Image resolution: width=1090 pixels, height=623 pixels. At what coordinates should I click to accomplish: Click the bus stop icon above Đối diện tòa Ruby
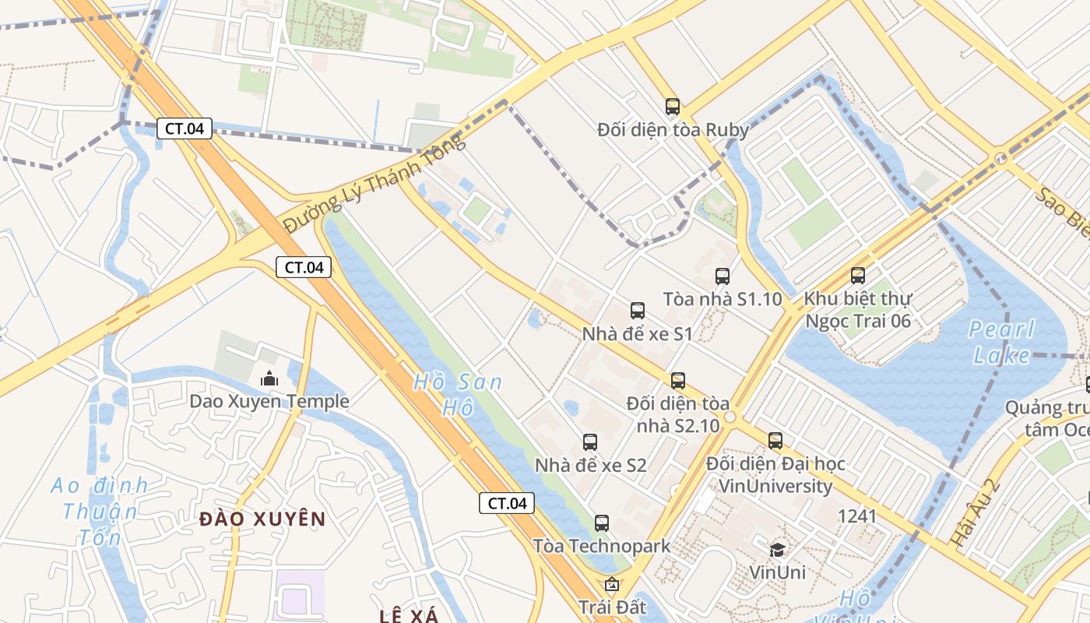[672, 107]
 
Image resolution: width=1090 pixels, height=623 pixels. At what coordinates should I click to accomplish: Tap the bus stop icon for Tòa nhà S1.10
[723, 276]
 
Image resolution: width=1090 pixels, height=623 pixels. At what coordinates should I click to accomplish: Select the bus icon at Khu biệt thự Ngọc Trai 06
[857, 275]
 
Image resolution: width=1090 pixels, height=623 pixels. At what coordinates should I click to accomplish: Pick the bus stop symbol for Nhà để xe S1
[638, 311]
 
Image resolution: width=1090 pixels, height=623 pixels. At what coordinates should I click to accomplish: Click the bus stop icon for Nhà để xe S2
[590, 442]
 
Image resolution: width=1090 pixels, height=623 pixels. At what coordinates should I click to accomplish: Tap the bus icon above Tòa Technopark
[601, 523]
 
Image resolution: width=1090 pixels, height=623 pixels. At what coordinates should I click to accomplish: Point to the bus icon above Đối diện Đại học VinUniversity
[775, 440]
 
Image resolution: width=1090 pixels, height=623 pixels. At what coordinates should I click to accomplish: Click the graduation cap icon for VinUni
[777, 550]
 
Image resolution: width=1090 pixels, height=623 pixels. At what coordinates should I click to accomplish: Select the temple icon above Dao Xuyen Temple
[269, 378]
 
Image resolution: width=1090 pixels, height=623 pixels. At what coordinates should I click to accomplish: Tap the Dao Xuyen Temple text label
[269, 402]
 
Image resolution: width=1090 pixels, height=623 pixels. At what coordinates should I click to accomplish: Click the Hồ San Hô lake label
[458, 394]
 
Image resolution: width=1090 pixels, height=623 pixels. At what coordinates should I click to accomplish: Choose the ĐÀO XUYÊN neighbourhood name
[262, 519]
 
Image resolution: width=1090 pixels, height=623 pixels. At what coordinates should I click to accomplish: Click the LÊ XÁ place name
[409, 616]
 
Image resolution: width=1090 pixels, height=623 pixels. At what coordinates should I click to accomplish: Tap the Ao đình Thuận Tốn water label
[100, 511]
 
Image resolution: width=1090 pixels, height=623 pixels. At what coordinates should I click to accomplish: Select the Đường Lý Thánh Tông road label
[374, 183]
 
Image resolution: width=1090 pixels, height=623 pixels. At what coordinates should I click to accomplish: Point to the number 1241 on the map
[856, 516]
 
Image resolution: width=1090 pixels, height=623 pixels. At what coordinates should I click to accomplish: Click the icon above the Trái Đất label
[612, 583]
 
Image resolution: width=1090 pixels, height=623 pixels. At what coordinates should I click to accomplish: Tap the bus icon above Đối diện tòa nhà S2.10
[678, 381]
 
